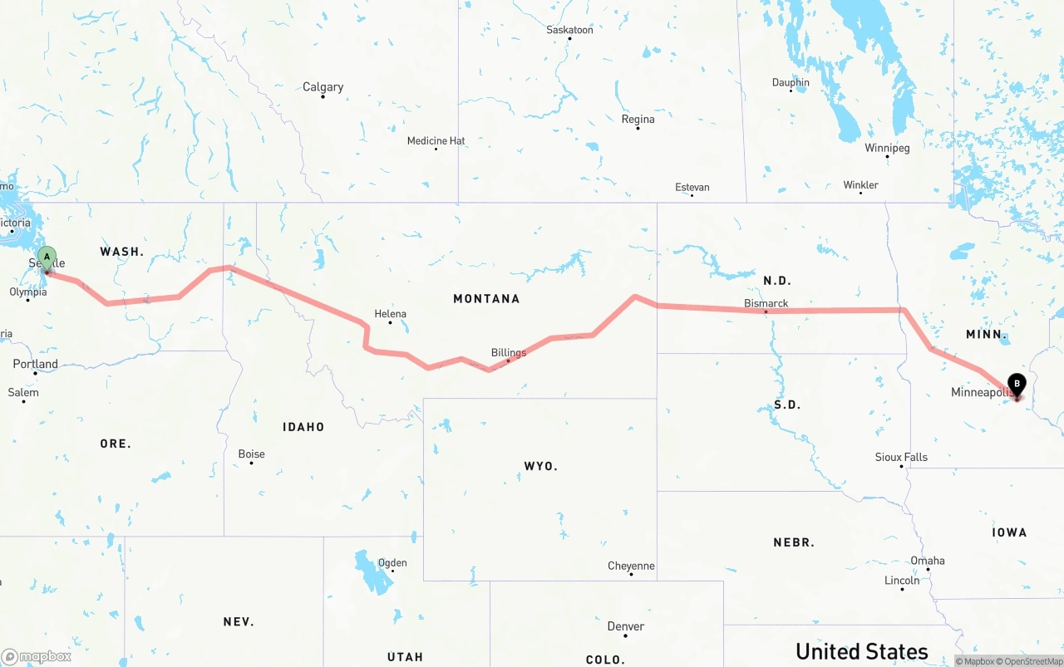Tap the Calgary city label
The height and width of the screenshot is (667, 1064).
click(x=323, y=87)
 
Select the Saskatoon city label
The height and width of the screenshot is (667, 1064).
click(x=569, y=30)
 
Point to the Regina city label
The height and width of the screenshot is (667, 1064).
click(x=638, y=120)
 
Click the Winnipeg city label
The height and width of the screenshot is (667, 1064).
click(x=887, y=148)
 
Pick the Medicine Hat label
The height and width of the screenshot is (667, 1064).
click(x=436, y=141)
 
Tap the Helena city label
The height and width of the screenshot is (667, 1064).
click(x=390, y=314)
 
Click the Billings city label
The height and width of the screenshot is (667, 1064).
click(x=509, y=353)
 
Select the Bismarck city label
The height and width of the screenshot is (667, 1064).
click(x=766, y=303)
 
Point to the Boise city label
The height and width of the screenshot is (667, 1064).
click(x=251, y=454)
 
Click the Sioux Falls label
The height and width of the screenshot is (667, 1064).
click(x=901, y=458)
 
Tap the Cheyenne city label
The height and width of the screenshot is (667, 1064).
click(x=631, y=566)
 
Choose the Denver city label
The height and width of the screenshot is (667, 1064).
click(x=626, y=626)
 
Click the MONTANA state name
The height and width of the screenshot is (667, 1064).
click(x=486, y=298)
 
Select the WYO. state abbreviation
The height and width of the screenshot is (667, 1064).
click(x=541, y=466)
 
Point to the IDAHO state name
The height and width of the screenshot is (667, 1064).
click(x=303, y=427)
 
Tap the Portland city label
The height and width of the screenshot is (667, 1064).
click(x=36, y=364)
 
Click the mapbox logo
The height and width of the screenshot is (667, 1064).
click(x=37, y=656)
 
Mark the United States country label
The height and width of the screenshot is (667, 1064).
click(x=862, y=650)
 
